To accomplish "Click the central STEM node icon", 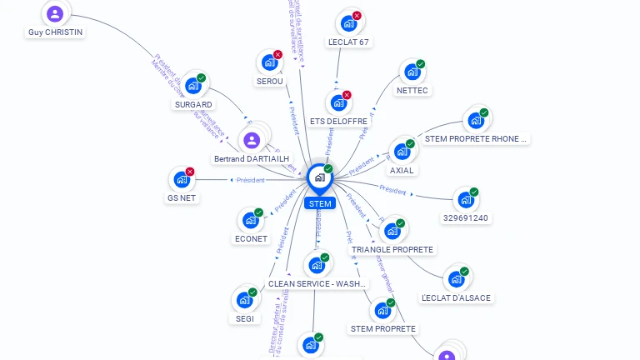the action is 319,177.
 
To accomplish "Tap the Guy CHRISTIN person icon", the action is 55,13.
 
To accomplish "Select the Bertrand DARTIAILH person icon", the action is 252,139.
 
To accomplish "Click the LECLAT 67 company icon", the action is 347,23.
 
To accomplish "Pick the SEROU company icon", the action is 269,62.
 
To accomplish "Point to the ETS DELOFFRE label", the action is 338,121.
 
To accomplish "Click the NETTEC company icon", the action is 412,72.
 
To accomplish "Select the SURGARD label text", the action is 193,105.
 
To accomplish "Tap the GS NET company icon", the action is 182,179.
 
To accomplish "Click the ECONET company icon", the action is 250,221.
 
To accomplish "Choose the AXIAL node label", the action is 402,170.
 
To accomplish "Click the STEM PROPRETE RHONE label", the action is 476,139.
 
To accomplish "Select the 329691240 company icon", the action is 465,200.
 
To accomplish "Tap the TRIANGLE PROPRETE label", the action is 392,250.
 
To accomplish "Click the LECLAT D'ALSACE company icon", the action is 456,278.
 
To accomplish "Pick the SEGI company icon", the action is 243,299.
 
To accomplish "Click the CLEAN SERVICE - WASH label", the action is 317,283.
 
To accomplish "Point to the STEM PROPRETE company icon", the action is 382,311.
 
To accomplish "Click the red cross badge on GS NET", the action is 190,172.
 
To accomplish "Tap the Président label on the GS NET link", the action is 250,180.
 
